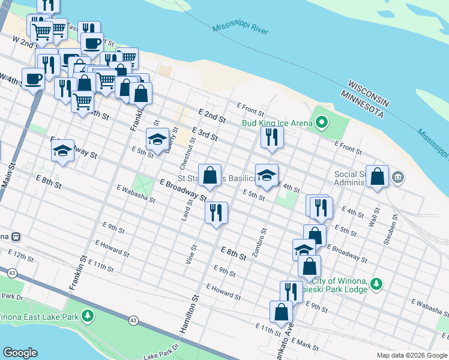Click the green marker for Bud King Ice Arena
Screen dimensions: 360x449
[x=322, y=123]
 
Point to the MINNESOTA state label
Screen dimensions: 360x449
[x=361, y=103]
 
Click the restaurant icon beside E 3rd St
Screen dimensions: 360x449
[x=272, y=137]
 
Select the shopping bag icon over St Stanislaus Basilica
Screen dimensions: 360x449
[x=209, y=176]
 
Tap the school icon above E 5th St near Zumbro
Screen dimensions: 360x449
[x=267, y=176]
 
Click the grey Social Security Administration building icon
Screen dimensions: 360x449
[x=398, y=178]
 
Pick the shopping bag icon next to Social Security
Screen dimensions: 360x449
[x=377, y=177]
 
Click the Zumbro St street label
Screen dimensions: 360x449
[x=259, y=243]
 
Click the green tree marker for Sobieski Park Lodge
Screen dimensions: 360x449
[x=376, y=283]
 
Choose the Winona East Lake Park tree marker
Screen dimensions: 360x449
[x=88, y=315]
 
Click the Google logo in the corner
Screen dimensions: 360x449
[x=20, y=353]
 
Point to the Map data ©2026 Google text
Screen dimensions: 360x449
[x=412, y=355]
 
